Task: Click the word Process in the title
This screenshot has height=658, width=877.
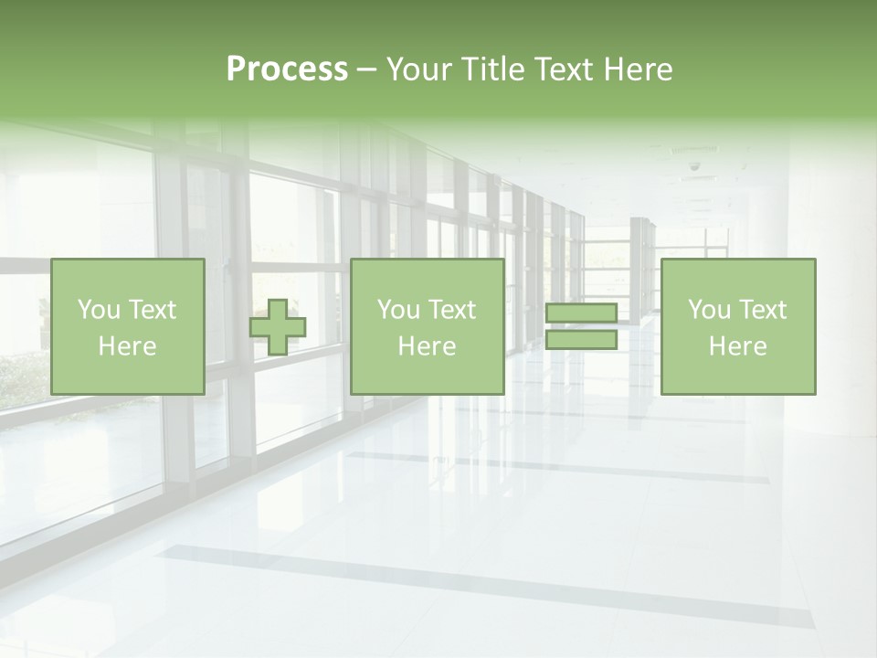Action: pos(287,69)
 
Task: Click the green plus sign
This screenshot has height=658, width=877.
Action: pos(278,327)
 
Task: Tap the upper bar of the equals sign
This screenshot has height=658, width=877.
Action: pos(581,313)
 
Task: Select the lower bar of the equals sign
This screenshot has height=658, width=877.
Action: pos(581,340)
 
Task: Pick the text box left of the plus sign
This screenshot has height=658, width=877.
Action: pos(128,327)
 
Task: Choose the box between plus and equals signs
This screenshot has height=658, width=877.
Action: pos(428,327)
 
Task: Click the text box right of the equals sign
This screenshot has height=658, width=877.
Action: pos(738,327)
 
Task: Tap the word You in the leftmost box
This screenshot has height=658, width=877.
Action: pos(98,310)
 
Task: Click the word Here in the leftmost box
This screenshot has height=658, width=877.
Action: pos(128,346)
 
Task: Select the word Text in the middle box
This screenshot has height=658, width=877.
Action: pos(451,310)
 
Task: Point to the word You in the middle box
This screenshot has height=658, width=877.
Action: pos(398,310)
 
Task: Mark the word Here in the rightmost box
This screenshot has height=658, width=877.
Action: pos(738,346)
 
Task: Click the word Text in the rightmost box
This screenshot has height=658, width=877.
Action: pos(762,310)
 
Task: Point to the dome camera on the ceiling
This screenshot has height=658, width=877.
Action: pos(694,167)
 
